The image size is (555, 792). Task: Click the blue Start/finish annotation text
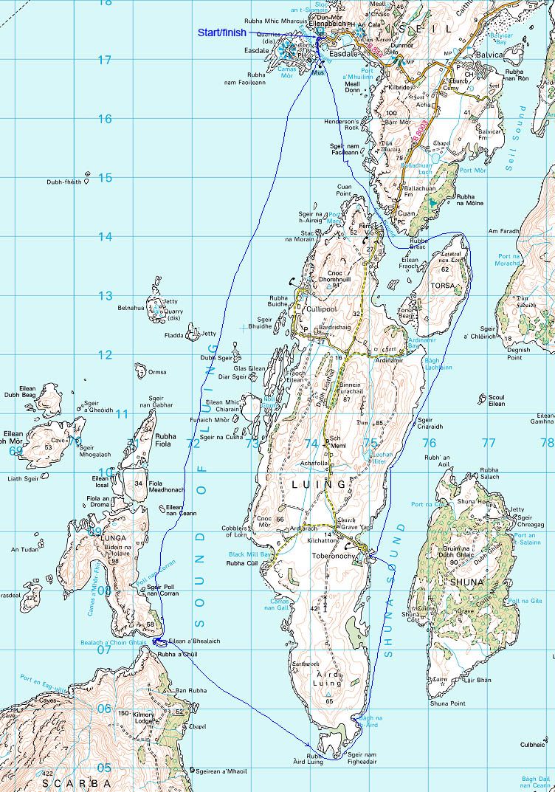coord(221,33)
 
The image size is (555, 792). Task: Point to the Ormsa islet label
coord(157,372)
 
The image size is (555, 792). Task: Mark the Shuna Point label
coord(447,703)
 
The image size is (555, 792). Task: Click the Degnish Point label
coord(519,354)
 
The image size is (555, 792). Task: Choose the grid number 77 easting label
coord(488,443)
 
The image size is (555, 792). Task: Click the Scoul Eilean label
coord(497,401)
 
